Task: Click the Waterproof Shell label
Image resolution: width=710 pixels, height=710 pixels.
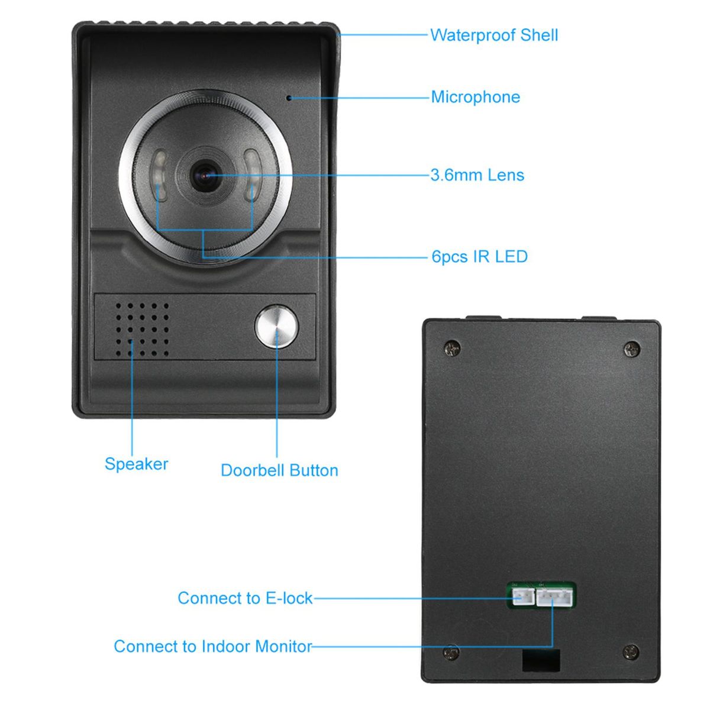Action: pos(493,35)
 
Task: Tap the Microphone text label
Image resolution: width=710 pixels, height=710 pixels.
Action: pos(475,97)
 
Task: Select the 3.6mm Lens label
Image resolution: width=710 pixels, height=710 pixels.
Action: pos(477,175)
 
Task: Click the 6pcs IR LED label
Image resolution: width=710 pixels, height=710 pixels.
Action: pos(479,257)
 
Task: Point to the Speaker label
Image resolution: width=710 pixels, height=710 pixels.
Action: pos(136,464)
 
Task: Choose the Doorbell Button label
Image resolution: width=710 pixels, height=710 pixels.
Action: pos(279,470)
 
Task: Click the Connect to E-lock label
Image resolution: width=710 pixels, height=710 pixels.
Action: pos(245,598)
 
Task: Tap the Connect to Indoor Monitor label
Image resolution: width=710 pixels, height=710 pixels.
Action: pos(212,646)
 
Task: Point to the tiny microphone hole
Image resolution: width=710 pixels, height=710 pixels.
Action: pos(289,98)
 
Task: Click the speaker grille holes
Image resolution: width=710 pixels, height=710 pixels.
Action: pos(142,330)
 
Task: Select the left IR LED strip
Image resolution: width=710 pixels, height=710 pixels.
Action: pos(160,176)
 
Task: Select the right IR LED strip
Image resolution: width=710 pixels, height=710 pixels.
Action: pos(252,175)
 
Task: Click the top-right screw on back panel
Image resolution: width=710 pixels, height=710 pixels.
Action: pos(632,350)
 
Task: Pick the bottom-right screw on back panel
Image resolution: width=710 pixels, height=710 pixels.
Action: pos(631,652)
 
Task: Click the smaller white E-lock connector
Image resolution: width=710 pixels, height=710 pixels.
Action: pos(522,597)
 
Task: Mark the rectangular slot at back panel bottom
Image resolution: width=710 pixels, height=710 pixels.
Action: pos(541,660)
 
